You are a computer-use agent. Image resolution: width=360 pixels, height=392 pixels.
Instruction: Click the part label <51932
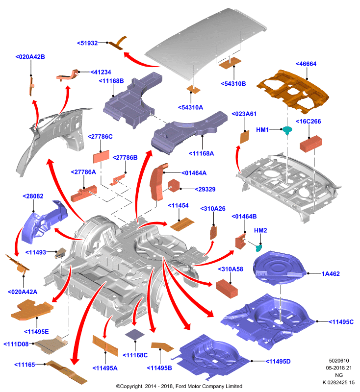(x=87, y=43)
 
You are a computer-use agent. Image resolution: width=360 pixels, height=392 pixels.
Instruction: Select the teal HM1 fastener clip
(x=287, y=130)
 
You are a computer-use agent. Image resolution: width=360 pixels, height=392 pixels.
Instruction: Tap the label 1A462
(x=331, y=274)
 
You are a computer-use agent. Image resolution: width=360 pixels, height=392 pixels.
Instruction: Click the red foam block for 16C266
(x=311, y=144)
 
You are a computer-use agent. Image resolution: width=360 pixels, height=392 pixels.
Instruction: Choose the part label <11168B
(x=111, y=81)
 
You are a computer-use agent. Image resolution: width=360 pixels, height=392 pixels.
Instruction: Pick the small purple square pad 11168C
(x=135, y=335)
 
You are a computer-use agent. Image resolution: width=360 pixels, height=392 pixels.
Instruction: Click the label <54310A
(x=190, y=107)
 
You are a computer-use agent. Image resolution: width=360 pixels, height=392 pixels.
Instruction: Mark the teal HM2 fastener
(x=258, y=248)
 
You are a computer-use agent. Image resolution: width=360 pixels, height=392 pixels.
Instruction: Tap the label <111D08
(x=16, y=344)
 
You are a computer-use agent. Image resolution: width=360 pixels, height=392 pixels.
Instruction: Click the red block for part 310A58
(x=227, y=289)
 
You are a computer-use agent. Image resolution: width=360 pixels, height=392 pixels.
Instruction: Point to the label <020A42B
(x=30, y=57)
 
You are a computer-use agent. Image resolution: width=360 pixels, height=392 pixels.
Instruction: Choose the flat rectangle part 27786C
(x=101, y=157)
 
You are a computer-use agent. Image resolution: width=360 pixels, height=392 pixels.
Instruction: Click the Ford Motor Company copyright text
(x=179, y=386)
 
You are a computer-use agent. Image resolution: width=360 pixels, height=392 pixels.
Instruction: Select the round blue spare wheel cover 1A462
(x=279, y=268)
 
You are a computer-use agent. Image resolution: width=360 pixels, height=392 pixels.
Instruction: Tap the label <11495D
(x=278, y=362)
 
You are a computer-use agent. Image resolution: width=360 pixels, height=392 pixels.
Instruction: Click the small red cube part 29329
(x=174, y=186)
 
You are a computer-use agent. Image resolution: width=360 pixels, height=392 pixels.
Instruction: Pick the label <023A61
(x=244, y=114)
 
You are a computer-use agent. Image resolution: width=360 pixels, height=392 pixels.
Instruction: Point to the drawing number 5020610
(x=339, y=361)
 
